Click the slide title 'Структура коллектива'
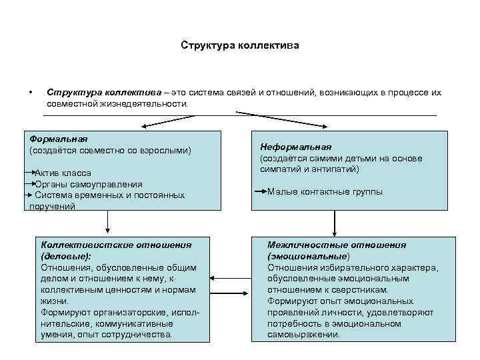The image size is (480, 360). (x=240, y=46)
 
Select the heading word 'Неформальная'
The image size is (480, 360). (x=295, y=147)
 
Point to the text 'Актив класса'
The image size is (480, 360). (x=63, y=173)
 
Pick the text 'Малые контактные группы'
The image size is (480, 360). (x=325, y=192)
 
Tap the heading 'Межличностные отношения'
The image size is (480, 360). (x=337, y=245)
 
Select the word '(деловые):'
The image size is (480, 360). (x=66, y=256)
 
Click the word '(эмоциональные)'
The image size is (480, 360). (x=309, y=256)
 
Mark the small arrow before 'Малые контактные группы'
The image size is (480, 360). (x=260, y=192)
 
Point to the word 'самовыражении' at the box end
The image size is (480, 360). (x=303, y=335)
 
